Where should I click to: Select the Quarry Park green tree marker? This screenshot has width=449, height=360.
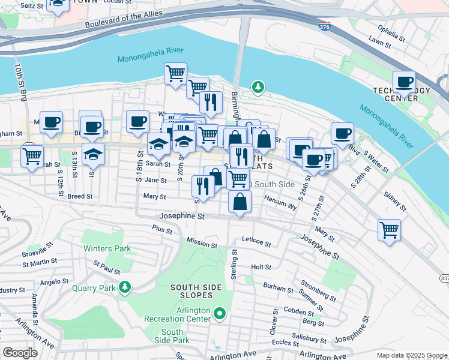pos(124,288)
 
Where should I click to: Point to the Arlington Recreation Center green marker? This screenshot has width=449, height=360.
pos(220,313)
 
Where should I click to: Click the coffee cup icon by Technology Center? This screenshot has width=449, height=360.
pos(404,81)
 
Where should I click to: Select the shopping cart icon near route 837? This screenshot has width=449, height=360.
pos(389,229)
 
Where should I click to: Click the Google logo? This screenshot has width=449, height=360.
pos(20,353)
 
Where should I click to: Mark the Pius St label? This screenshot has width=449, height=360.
pos(162,229)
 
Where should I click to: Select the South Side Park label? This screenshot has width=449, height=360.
pos(172,336)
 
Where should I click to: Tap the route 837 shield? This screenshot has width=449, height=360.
pos(444,278)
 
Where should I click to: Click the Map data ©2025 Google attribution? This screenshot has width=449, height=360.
pos(411,355)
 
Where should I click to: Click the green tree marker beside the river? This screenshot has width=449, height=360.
pos(258,88)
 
